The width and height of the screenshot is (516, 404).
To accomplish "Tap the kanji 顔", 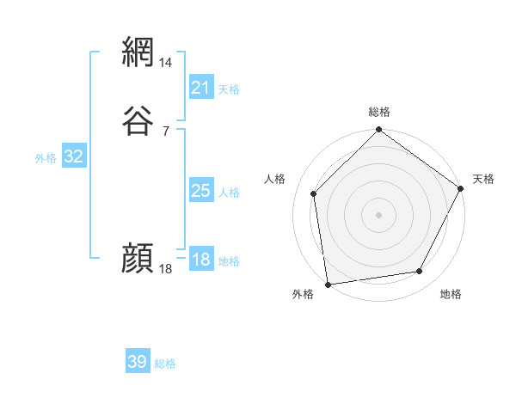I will click(x=138, y=259).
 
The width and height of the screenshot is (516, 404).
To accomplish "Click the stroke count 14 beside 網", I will click(x=166, y=63).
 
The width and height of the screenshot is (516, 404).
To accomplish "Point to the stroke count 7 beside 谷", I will click(x=165, y=131).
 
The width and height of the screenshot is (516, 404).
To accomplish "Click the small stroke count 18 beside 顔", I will click(x=166, y=269).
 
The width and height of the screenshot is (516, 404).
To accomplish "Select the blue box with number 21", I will click(x=200, y=88).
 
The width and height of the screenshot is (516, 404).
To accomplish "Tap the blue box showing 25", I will click(x=200, y=191).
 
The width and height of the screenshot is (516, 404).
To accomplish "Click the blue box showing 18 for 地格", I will click(x=200, y=260).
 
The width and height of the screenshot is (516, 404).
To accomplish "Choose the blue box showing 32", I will click(x=74, y=156).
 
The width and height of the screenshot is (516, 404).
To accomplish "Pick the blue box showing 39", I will click(x=138, y=362).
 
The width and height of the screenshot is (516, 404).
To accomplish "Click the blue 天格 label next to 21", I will click(x=229, y=89).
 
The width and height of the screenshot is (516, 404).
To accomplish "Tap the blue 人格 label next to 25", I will click(x=229, y=193).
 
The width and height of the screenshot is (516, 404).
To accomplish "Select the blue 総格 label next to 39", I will click(x=165, y=364).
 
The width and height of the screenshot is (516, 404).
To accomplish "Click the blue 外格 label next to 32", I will click(x=46, y=158).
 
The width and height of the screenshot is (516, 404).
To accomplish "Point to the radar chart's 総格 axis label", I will click(x=378, y=112).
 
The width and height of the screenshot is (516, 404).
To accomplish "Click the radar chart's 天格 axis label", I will click(x=483, y=179).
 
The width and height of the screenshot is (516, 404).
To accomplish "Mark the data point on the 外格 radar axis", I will click(x=328, y=283).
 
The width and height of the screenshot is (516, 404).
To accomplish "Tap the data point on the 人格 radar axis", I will click(x=314, y=193).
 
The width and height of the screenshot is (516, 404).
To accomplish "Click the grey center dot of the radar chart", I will click(x=378, y=214).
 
